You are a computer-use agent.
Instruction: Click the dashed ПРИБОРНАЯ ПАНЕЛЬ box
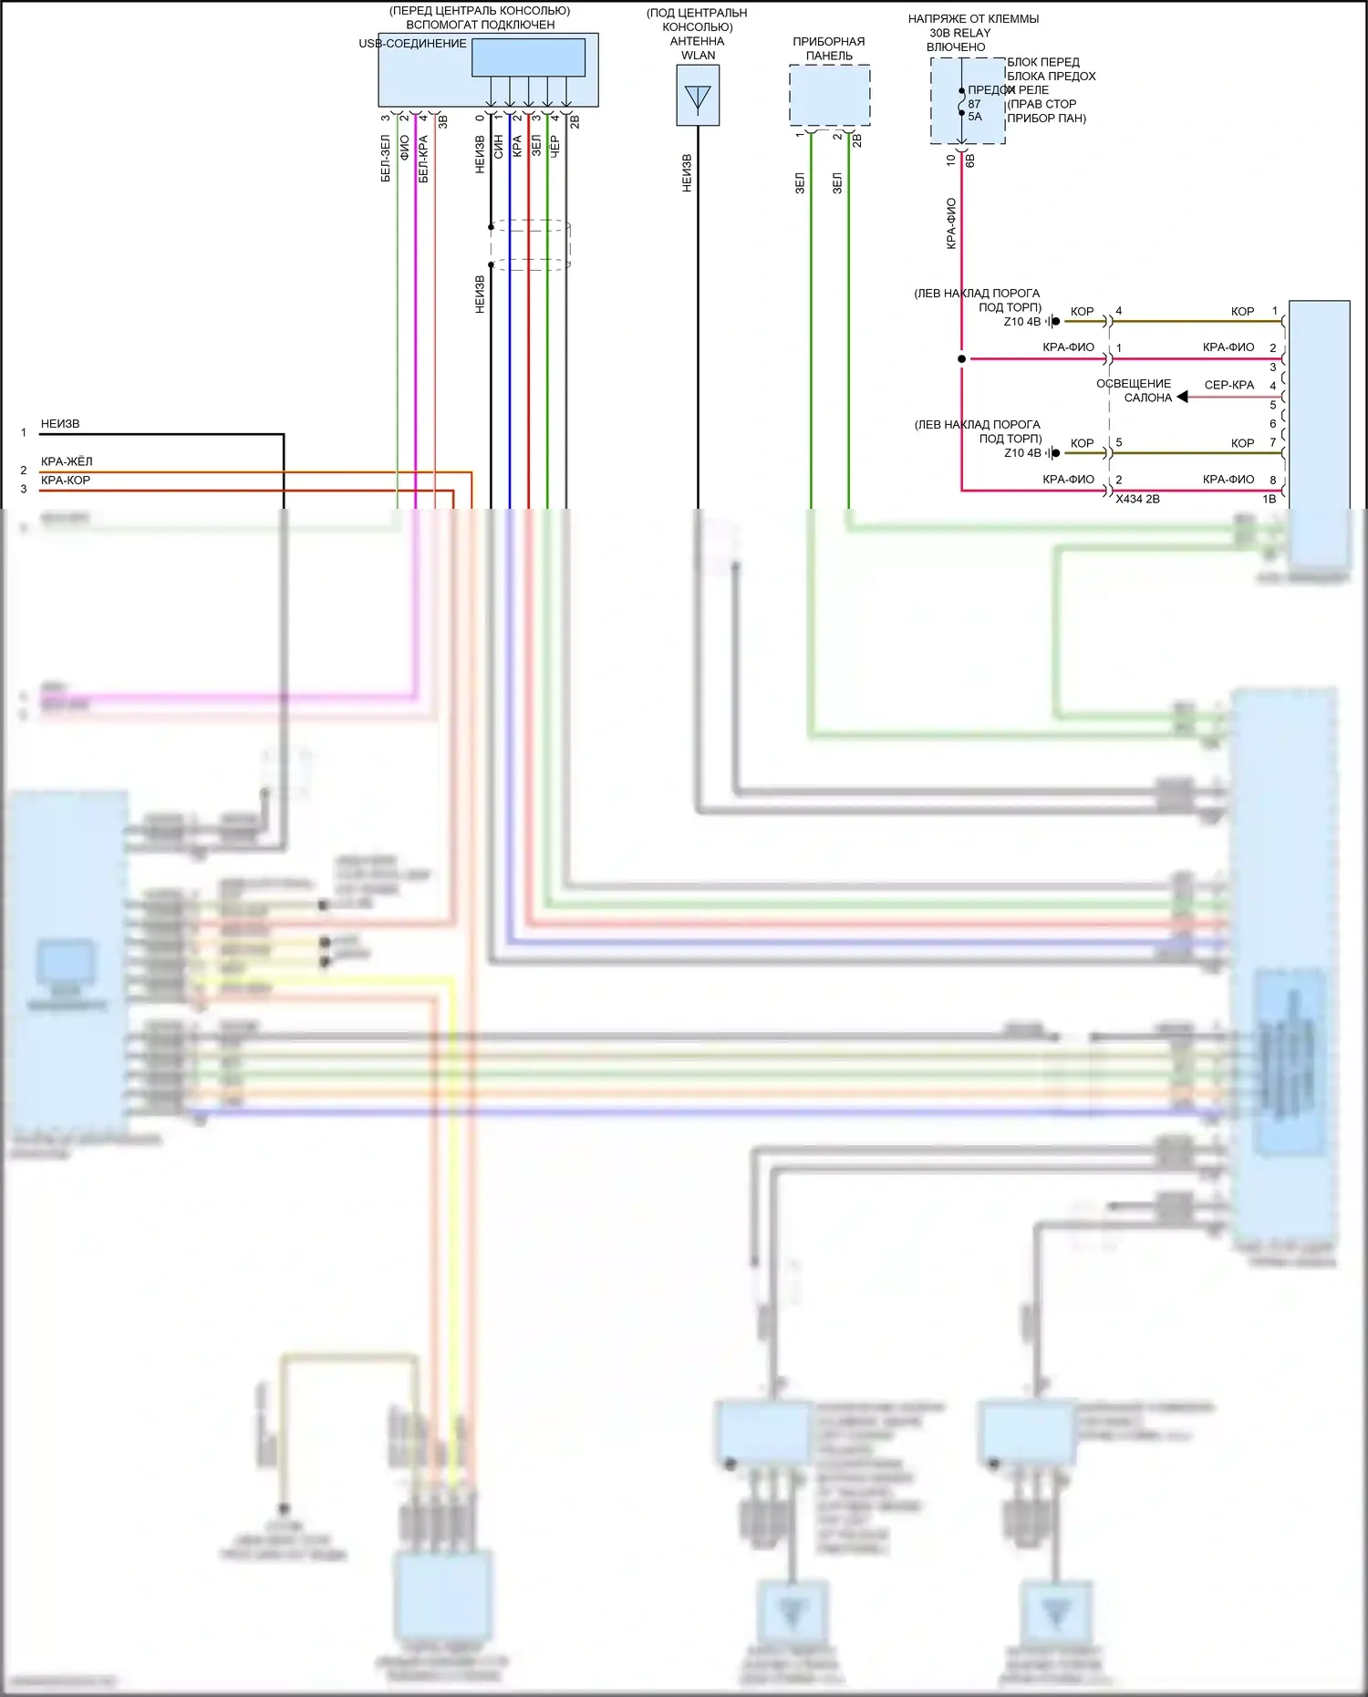[829, 95]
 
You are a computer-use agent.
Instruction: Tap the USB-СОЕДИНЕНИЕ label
[412, 44]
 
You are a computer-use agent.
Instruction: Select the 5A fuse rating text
[975, 117]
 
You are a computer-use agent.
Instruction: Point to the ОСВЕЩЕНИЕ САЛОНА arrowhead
[1182, 398]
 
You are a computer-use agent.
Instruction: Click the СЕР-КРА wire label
[1228, 385]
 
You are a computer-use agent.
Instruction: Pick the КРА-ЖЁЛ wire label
[67, 461]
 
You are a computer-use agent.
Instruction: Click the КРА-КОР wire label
[66, 481]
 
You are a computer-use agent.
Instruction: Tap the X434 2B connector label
[1137, 500]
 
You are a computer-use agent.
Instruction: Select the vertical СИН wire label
[498, 147]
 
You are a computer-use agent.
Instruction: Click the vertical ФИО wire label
[404, 147]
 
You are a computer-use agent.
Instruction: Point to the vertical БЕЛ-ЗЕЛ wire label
[385, 159]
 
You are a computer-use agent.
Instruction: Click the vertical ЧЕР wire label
[554, 147]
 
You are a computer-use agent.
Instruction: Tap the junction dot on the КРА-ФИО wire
[961, 359]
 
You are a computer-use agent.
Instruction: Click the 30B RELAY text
[959, 33]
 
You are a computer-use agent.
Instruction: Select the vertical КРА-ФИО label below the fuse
[951, 223]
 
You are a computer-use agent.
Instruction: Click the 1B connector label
[1269, 500]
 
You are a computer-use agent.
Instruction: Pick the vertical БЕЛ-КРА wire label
[423, 159]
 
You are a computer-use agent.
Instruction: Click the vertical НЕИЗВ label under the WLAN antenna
[687, 172]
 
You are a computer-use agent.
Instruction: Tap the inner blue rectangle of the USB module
[528, 57]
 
